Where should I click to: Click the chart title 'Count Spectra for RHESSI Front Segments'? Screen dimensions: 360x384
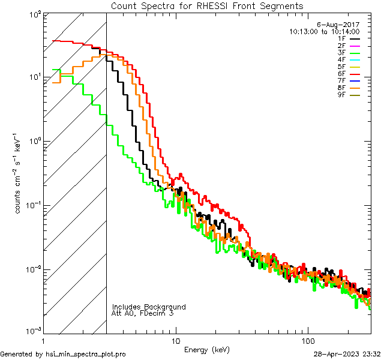pyautogui.click(x=207, y=5)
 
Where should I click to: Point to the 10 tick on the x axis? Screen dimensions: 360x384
pyautogui.click(x=175, y=340)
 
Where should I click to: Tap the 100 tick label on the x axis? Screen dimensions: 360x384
pyautogui.click(x=307, y=340)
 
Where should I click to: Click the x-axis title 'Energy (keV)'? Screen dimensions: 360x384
pyautogui.click(x=207, y=349)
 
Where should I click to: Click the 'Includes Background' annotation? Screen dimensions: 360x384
pyautogui.click(x=149, y=307)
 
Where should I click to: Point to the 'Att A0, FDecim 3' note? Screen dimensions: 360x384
pyautogui.click(x=143, y=313)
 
